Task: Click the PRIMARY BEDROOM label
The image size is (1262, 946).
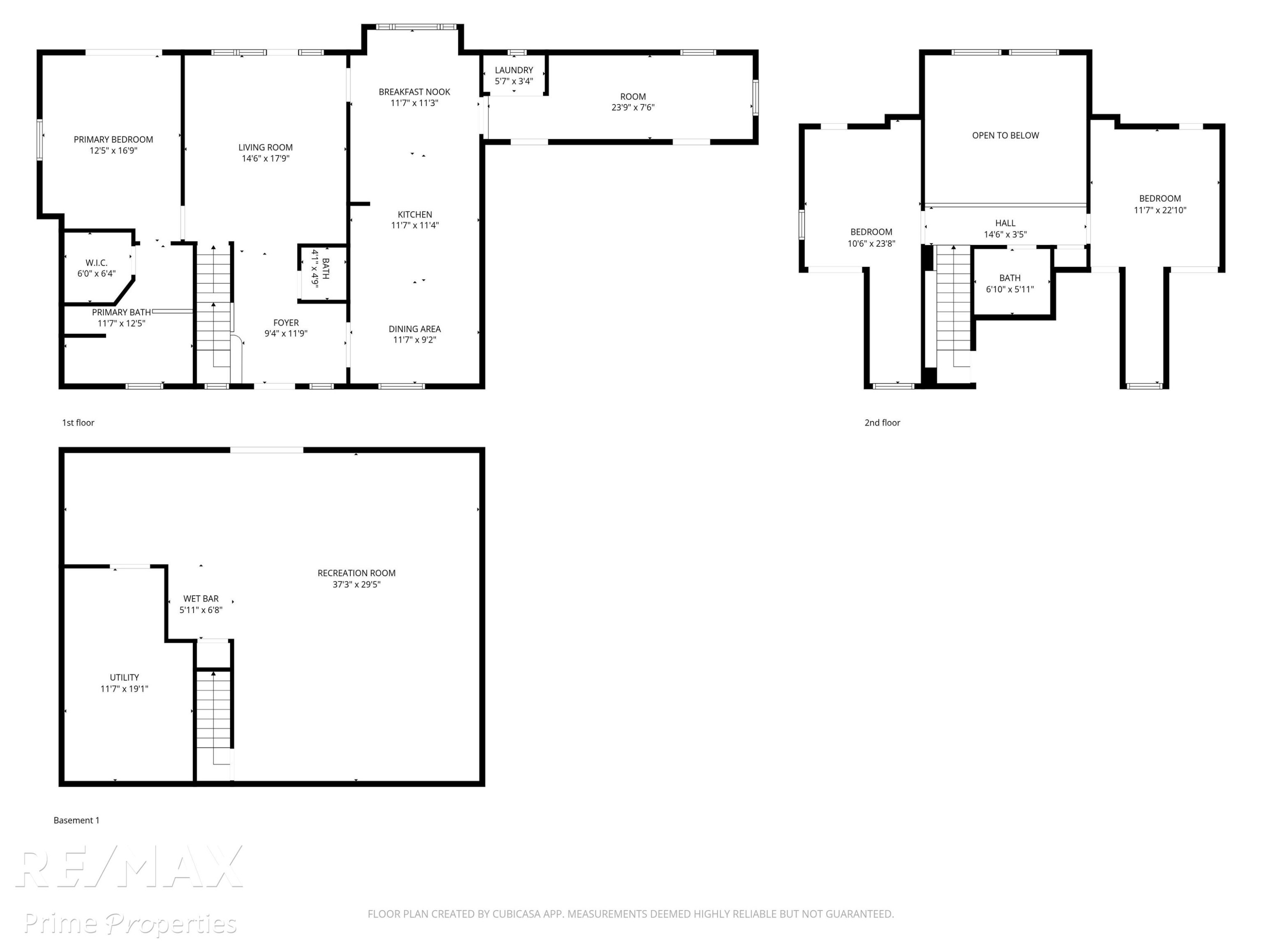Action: pyautogui.click(x=113, y=140)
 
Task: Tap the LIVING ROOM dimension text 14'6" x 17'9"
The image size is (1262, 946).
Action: pyautogui.click(x=265, y=159)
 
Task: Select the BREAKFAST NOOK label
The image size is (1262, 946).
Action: pyautogui.click(x=414, y=92)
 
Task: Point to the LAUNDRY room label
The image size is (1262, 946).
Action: pyautogui.click(x=514, y=70)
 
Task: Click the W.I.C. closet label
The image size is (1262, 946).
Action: pyautogui.click(x=96, y=263)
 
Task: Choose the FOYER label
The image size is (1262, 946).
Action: pyautogui.click(x=286, y=323)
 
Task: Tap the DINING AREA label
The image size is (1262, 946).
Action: pyautogui.click(x=414, y=329)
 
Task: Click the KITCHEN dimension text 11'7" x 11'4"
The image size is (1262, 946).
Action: pyautogui.click(x=415, y=225)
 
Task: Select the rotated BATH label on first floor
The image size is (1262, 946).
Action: pyautogui.click(x=326, y=269)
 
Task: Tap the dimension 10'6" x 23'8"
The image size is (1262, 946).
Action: pyautogui.click(x=871, y=244)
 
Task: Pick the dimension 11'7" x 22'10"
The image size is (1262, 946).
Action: pyautogui.click(x=1160, y=210)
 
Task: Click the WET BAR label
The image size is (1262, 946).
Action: pyautogui.click(x=201, y=599)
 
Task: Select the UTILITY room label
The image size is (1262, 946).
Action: pyautogui.click(x=125, y=677)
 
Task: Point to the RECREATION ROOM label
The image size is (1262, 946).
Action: pyautogui.click(x=357, y=573)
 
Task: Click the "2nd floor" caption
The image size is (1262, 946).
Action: pyautogui.click(x=882, y=423)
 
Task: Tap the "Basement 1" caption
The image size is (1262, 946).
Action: pyautogui.click(x=77, y=820)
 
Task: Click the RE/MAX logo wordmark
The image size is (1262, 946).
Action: pyautogui.click(x=130, y=867)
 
